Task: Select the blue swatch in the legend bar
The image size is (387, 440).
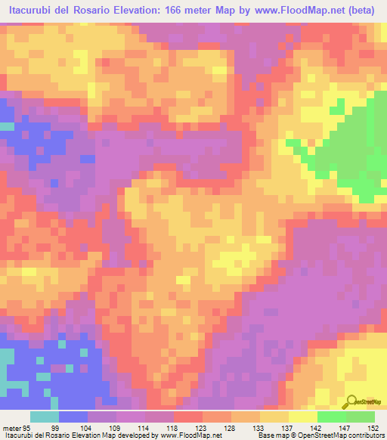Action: pos(73,417)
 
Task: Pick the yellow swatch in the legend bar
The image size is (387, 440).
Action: pos(302,417)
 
